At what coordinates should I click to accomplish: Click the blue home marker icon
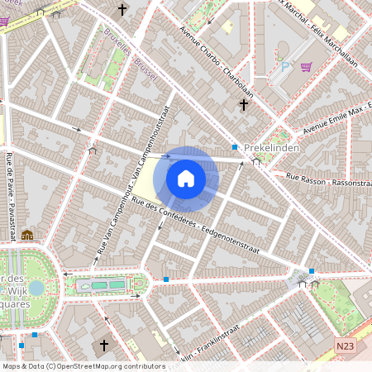point(186,179)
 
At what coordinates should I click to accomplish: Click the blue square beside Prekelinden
point(235,147)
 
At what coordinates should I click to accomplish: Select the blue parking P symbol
point(285,66)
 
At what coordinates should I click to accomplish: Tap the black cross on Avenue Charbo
point(243,105)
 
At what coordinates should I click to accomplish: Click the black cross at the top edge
point(123,10)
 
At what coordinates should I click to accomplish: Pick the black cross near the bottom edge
point(104,344)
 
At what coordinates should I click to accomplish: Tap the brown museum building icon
point(27,235)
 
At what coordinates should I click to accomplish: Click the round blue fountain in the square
point(36,288)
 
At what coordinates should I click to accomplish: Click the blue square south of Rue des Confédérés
point(166,279)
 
